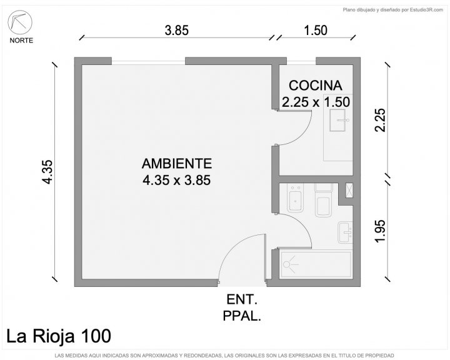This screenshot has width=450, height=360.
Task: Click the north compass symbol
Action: [20, 22]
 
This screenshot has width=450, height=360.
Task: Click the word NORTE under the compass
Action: [21, 41]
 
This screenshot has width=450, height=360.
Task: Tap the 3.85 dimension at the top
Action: [177, 31]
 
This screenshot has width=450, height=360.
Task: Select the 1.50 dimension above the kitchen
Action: [316, 31]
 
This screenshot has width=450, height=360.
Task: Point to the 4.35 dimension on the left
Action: [47, 172]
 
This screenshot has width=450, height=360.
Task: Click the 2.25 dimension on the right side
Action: [380, 120]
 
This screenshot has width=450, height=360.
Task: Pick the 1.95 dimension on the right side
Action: [380, 231]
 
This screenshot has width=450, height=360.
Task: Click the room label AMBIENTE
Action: [177, 164]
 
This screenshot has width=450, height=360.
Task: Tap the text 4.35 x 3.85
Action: [177, 180]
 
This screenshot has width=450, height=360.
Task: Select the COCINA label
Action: [316, 86]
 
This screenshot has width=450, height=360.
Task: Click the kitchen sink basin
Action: [337, 120]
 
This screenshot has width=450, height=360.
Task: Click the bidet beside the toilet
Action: [295, 198]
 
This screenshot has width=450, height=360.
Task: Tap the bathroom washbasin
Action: [345, 232]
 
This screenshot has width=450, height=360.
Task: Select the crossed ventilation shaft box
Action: [349, 191]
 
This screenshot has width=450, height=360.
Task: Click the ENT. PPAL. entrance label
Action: [242, 307]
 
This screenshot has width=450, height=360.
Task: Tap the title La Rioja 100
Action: [59, 336]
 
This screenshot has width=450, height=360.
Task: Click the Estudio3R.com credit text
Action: [393, 10]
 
